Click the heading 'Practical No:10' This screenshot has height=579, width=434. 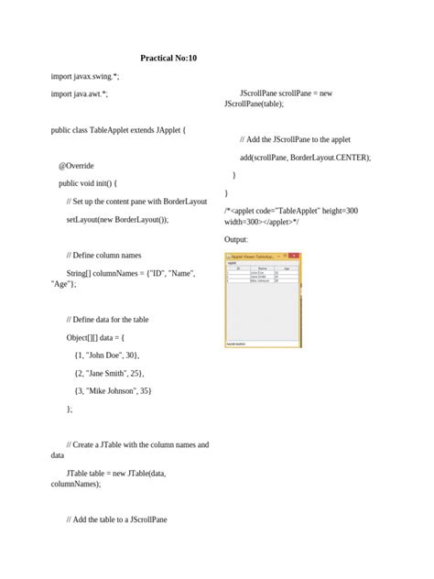coord(168,58)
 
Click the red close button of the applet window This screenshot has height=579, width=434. coord(297,257)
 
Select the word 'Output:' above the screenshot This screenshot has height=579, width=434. coord(236,240)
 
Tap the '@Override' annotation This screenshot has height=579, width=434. coord(78,166)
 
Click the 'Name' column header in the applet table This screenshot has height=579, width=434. coord(262,268)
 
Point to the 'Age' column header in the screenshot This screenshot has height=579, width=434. coord(286,268)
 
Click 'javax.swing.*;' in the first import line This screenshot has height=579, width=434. coord(96,76)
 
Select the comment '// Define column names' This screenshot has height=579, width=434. coord(104,256)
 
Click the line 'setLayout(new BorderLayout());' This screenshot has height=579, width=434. coord(117,220)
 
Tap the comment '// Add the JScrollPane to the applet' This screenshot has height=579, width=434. coord(295,139)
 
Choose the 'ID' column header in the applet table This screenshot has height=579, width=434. coord(237,268)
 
